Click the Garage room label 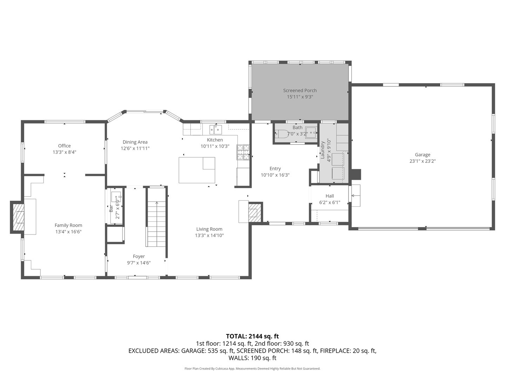click(x=422, y=154)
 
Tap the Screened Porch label click(x=300, y=91)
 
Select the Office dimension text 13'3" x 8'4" click(x=64, y=152)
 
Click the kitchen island click(x=196, y=170)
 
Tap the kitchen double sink click(x=215, y=129)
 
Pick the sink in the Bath click(x=311, y=133)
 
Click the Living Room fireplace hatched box click(x=254, y=212)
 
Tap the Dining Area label click(x=135, y=142)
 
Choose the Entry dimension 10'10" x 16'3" click(x=275, y=175)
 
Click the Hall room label click(x=330, y=196)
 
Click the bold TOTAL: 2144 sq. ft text click(x=252, y=336)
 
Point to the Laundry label click(x=322, y=150)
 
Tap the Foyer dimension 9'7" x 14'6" click(x=139, y=263)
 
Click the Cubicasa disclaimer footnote click(x=252, y=368)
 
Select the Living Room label click(x=209, y=229)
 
